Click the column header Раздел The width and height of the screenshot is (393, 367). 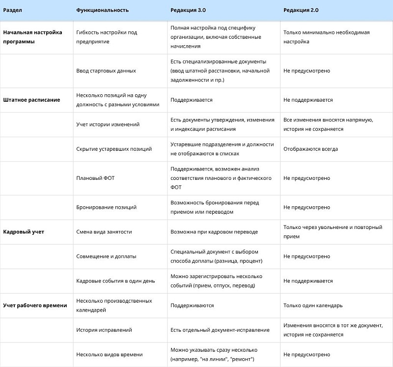click(13, 10)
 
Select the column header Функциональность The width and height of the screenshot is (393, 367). click(103, 10)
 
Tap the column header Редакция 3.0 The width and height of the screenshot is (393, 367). click(189, 10)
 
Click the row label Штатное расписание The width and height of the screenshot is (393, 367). click(31, 100)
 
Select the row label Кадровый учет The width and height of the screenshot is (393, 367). click(24, 232)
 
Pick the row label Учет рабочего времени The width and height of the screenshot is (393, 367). click(35, 306)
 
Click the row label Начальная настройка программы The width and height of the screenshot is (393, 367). click(32, 37)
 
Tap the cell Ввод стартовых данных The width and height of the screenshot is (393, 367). click(106, 71)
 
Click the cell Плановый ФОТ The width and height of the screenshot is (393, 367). click(95, 178)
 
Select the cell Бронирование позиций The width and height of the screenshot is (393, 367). click(107, 207)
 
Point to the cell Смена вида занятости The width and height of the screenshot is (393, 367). click(104, 232)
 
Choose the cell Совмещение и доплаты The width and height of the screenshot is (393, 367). click(107, 256)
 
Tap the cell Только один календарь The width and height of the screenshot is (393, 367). click(313, 306)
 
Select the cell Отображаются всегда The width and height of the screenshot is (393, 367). click(310, 149)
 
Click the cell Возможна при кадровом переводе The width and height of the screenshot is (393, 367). click(214, 232)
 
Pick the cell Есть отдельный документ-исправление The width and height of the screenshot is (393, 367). click(220, 330)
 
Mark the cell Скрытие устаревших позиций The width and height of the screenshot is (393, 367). click(114, 149)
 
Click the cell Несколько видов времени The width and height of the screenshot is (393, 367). click(110, 355)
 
